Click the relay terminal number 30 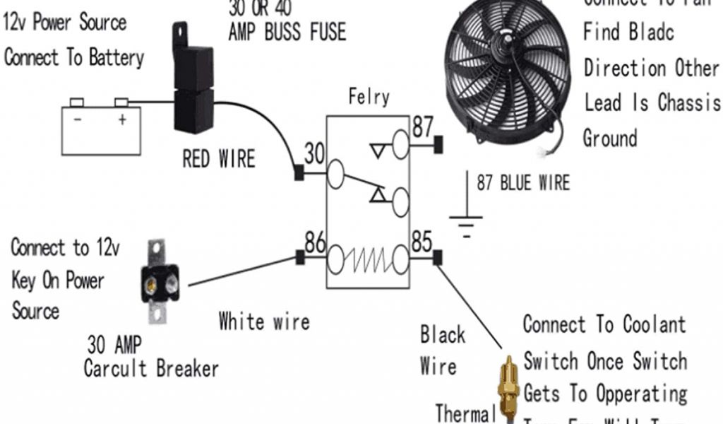pos(313,153)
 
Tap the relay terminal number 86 pos(315,243)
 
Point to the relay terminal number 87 pos(422,128)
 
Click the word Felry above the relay pos(369,97)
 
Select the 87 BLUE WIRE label pos(522,182)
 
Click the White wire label pos(264,322)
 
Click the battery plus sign pos(122,119)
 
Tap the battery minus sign pos(77,119)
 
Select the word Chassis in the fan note pos(688,102)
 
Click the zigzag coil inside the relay pos(368,260)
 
